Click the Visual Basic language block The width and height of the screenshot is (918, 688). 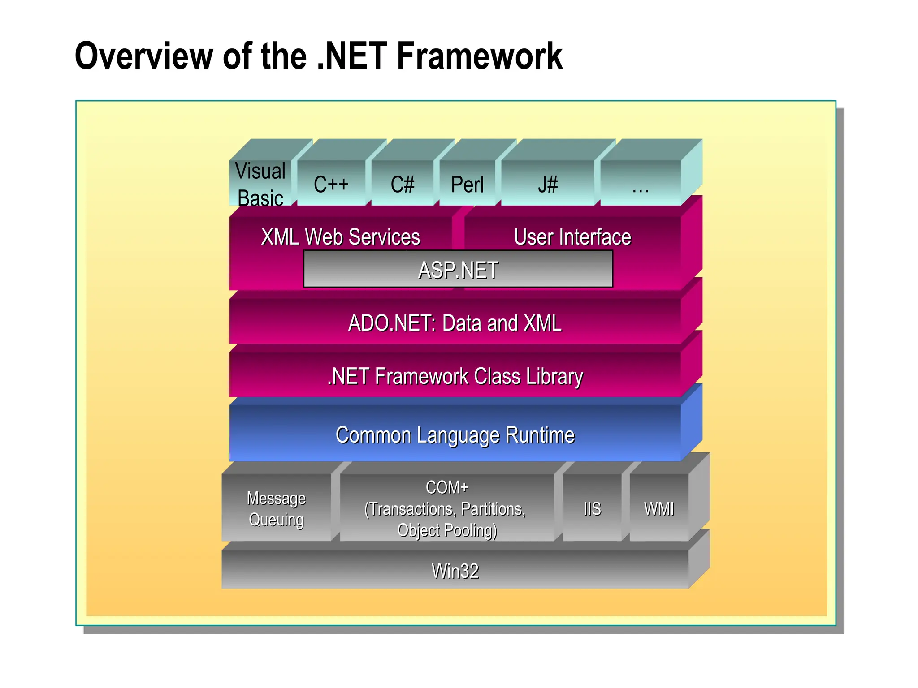260,184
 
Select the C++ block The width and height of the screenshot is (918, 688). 331,184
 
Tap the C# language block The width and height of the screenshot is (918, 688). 402,184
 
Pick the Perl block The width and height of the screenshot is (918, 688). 467,184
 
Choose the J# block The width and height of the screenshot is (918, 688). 548,184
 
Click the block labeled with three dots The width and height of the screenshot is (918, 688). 640,184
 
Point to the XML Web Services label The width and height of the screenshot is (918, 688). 341,236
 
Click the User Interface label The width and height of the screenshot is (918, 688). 572,236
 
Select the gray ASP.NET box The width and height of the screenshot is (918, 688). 458,269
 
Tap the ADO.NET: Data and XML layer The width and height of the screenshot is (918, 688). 455,322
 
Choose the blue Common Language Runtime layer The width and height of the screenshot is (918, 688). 455,434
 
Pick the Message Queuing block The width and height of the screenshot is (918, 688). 276,508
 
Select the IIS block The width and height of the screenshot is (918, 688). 592,508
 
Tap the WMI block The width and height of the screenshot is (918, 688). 658,508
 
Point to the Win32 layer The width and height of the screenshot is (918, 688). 455,571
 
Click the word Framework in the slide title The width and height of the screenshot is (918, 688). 479,56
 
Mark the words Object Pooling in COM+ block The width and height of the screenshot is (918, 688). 447,530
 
